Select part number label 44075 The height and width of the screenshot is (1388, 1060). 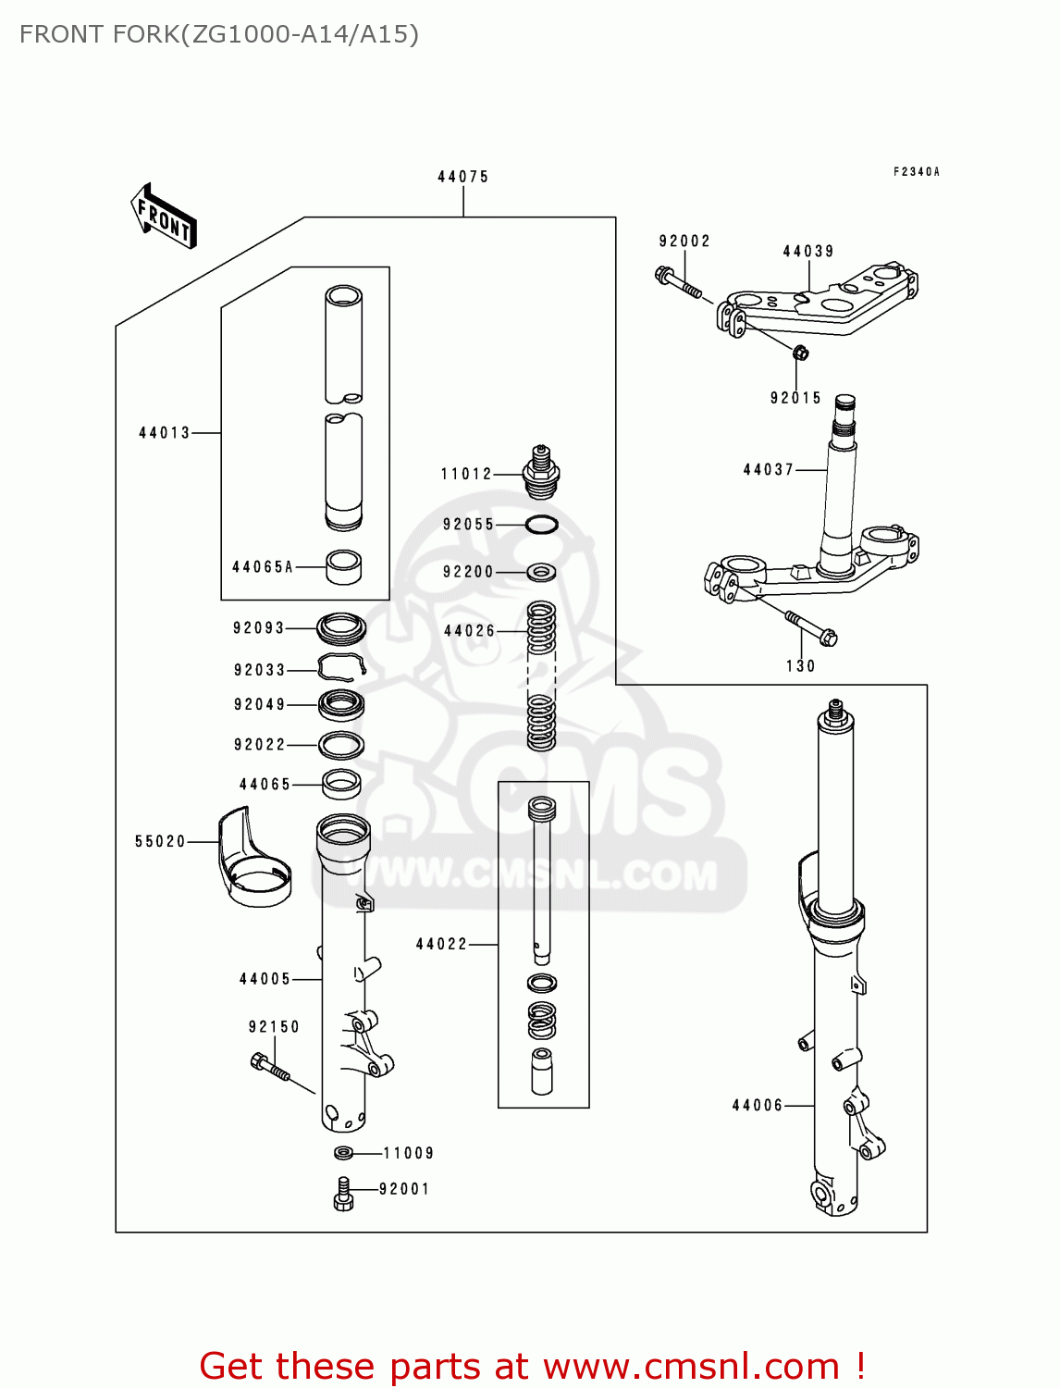point(462,177)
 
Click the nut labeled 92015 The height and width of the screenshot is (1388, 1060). point(801,352)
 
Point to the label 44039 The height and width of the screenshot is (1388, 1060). point(807,252)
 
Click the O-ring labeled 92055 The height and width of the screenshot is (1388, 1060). point(541,525)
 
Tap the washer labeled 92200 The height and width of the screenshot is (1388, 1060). point(541,573)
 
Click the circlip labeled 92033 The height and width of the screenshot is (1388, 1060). point(340,667)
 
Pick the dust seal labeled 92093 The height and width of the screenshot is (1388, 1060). point(340,629)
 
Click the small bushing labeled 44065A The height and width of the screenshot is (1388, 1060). point(343,566)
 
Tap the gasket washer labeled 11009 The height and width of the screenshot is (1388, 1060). point(343,1153)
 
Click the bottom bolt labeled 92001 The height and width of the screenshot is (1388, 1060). point(343,1194)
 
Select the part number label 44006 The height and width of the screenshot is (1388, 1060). point(757,1105)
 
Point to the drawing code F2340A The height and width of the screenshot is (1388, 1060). point(916,172)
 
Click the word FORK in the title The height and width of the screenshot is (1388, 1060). point(145,34)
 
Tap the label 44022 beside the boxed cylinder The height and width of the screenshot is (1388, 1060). point(441,945)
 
